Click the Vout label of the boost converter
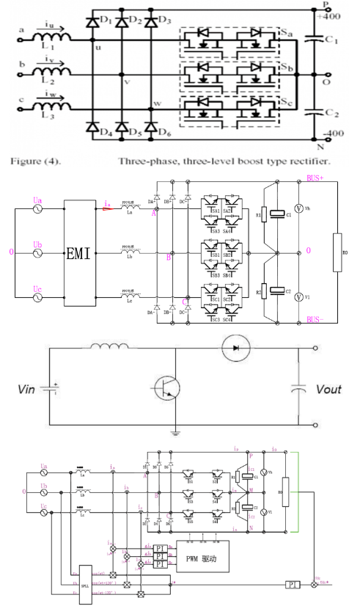[322, 388]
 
